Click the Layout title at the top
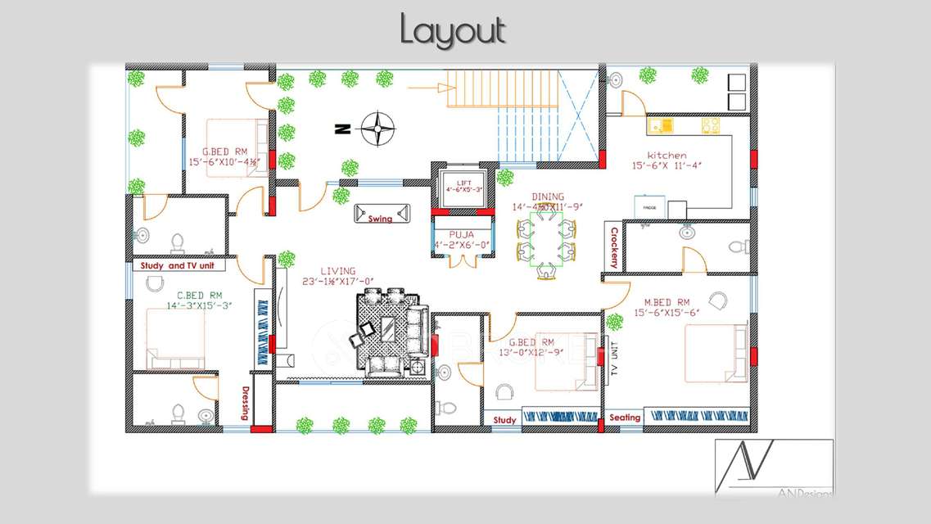click(x=453, y=31)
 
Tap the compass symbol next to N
click(x=377, y=129)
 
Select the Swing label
click(x=380, y=219)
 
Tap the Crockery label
click(x=614, y=247)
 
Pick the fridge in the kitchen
click(x=649, y=207)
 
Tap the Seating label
click(x=625, y=418)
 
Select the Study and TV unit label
click(x=178, y=266)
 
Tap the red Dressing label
click(x=244, y=403)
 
